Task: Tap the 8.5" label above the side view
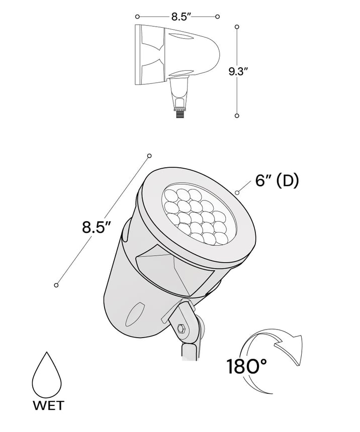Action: coord(181,17)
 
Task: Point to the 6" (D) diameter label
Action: coord(277,181)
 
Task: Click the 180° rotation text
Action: coord(247,366)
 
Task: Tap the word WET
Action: coord(49,406)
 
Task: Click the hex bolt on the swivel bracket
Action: coord(181,329)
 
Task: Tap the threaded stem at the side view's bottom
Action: coord(180,114)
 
